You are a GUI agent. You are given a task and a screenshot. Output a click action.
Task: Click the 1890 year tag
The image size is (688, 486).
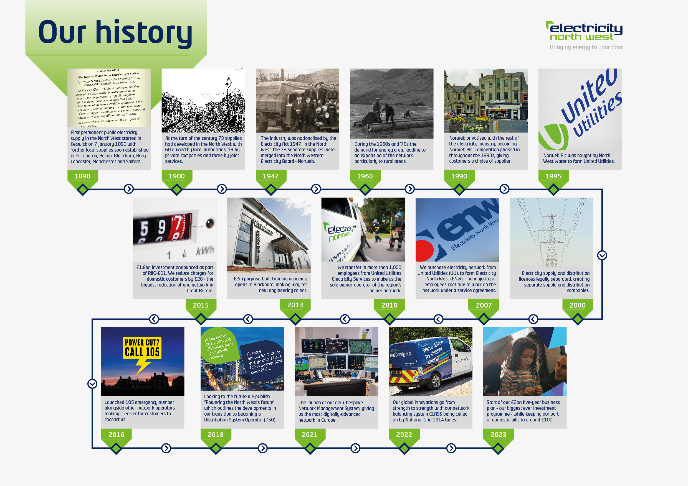pyautogui.click(x=82, y=176)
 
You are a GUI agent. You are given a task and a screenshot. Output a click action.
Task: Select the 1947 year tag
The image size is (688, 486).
pyautogui.click(x=270, y=176)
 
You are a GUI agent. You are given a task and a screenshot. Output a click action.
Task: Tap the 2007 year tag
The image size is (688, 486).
pyautogui.click(x=484, y=305)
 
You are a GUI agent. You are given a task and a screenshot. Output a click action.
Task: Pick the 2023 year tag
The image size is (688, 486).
pyautogui.click(x=498, y=434)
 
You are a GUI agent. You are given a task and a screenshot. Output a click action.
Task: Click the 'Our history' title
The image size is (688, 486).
pyautogui.click(x=115, y=32)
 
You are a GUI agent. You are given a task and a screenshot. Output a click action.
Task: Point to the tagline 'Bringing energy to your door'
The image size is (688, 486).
pyautogui.click(x=586, y=47)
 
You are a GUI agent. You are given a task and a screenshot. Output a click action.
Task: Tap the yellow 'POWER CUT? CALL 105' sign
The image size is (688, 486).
pyautogui.click(x=142, y=348)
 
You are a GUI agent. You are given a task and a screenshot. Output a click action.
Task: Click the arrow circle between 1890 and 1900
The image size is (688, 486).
pyautogui.click(x=129, y=189)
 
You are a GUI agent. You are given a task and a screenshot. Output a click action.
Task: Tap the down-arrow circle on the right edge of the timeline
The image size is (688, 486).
pyautogui.click(x=602, y=255)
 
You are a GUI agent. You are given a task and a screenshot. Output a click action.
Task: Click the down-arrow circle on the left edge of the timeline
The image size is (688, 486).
pyautogui.click(x=92, y=384)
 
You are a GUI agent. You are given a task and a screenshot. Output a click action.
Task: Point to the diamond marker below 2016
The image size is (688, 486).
pyautogui.click(x=116, y=448)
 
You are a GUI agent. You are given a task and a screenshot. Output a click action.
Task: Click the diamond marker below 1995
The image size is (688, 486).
pyautogui.click(x=553, y=190)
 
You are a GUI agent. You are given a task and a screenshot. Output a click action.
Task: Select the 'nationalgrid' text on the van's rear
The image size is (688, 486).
pyautogui.click(x=401, y=354)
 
